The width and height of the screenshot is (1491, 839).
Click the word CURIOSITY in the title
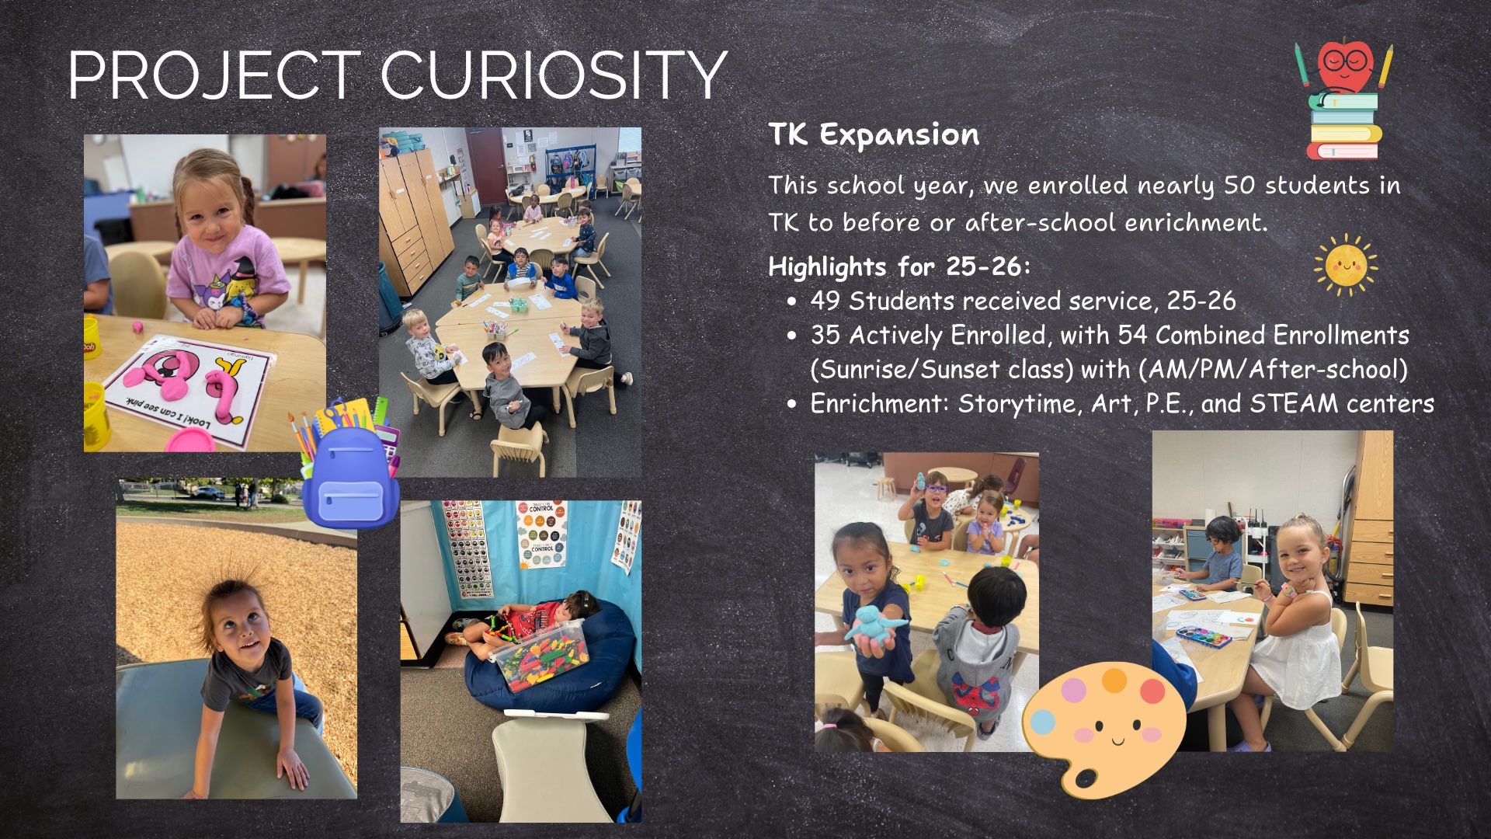pyautogui.click(x=553, y=75)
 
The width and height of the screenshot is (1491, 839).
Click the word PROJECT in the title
pyautogui.click(x=214, y=75)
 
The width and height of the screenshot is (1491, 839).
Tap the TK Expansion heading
pyautogui.click(x=874, y=135)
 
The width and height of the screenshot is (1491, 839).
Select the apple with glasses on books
pyautogui.click(x=1344, y=100)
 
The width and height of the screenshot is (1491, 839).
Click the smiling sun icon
pyautogui.click(x=1346, y=265)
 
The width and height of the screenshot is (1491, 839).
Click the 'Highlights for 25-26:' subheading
pyautogui.click(x=899, y=266)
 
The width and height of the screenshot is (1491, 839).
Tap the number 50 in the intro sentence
pyautogui.click(x=1240, y=185)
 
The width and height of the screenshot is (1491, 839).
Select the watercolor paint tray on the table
pyautogui.click(x=1204, y=636)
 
